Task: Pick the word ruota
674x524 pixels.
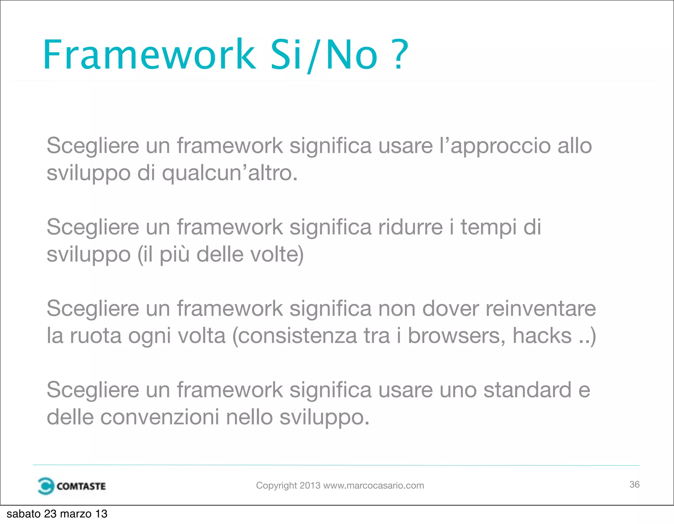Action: (96, 336)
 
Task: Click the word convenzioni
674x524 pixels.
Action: (160, 417)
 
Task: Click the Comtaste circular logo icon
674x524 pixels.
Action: (45, 486)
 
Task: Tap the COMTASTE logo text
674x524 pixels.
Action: (81, 486)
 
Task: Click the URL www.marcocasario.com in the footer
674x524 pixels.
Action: (374, 486)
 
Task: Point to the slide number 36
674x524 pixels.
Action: (634, 485)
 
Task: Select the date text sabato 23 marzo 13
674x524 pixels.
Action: (57, 514)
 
